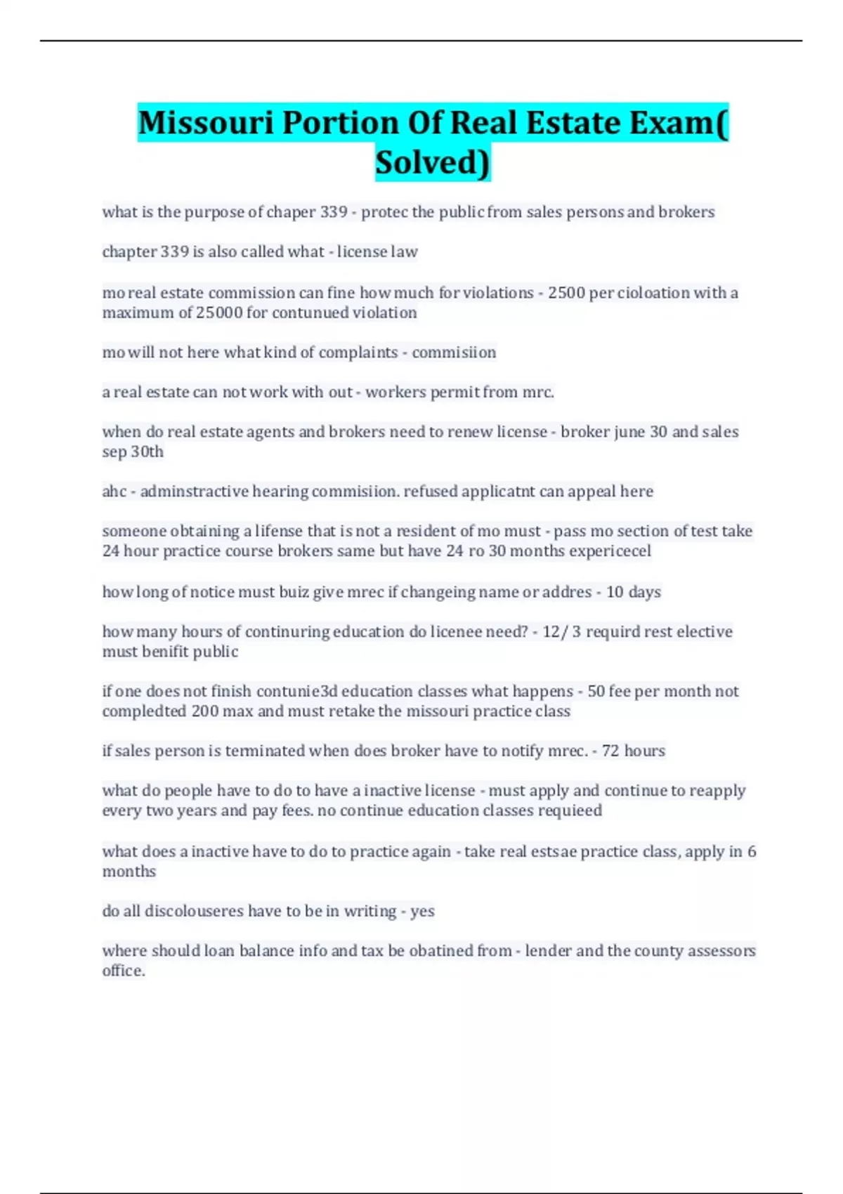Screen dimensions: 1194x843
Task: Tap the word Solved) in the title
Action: click(x=433, y=162)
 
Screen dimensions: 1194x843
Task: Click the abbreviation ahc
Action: click(x=115, y=492)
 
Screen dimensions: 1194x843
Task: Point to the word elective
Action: click(x=705, y=632)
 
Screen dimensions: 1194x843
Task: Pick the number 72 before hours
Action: click(x=610, y=751)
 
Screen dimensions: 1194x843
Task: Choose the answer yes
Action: click(x=422, y=911)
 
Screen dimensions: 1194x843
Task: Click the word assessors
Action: click(x=721, y=951)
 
